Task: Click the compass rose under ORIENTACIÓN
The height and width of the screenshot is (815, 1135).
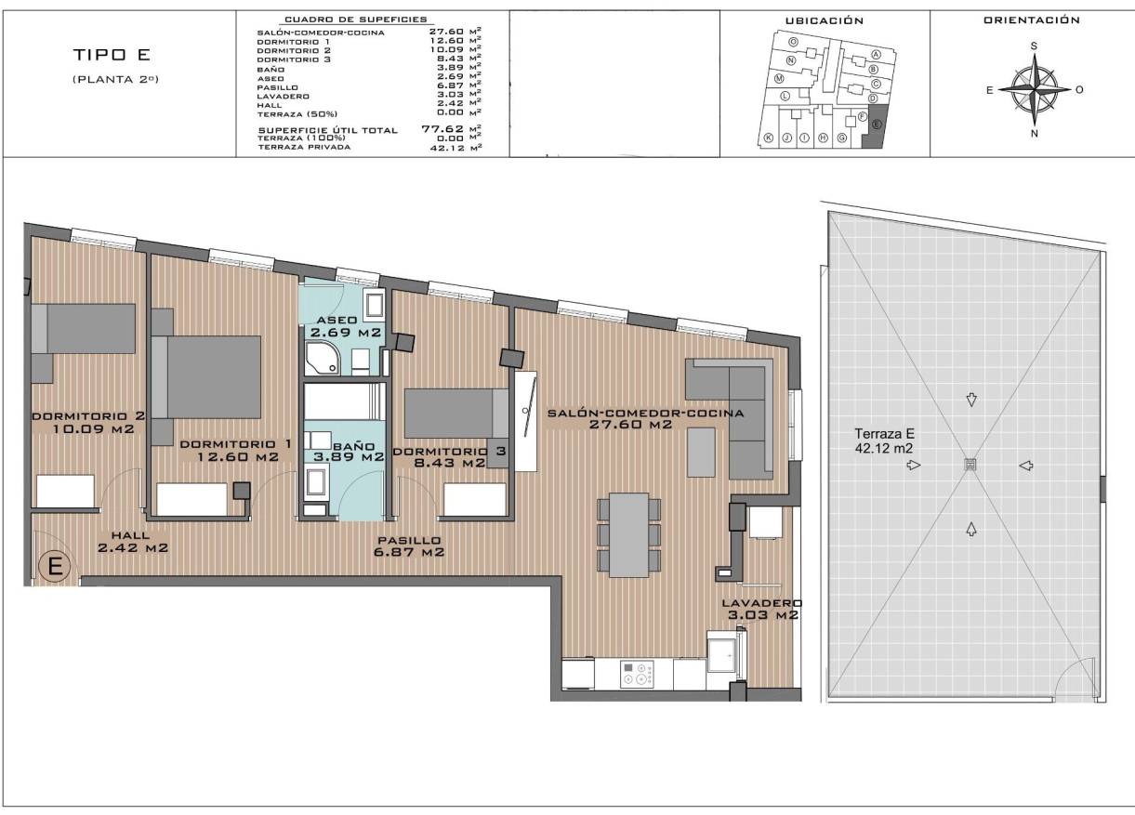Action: (x=1034, y=89)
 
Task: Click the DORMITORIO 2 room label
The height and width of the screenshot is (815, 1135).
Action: (x=89, y=423)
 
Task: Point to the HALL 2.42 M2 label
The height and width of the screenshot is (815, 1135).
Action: (x=132, y=542)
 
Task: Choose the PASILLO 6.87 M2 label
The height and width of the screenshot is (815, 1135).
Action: (x=409, y=546)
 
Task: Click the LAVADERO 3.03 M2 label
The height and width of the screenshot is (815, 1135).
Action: (x=761, y=609)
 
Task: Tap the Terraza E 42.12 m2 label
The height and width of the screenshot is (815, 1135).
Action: (x=886, y=440)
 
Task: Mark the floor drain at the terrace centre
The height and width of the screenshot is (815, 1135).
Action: (x=970, y=465)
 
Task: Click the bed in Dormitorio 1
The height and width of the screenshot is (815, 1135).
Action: (x=214, y=376)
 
